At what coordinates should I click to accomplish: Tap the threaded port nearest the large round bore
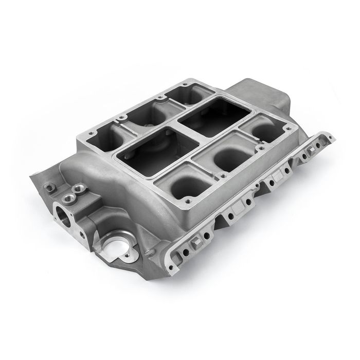coord(68,196)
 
